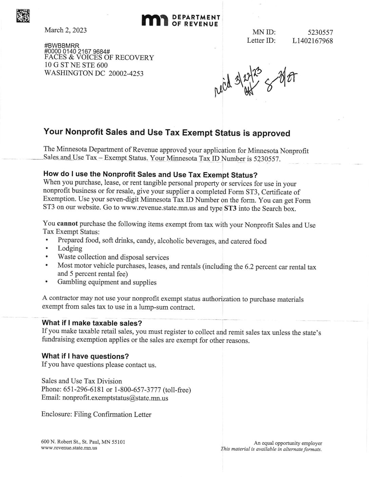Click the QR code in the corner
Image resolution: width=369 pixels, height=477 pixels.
(x=23, y=16)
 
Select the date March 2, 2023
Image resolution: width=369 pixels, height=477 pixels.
(x=65, y=30)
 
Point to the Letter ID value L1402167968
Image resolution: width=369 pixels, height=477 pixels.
(x=312, y=41)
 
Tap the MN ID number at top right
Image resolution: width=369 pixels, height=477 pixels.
(x=320, y=33)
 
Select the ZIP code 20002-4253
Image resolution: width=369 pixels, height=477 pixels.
(x=126, y=73)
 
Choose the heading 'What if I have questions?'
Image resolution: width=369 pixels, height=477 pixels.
(x=85, y=356)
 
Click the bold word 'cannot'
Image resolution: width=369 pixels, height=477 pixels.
(x=67, y=224)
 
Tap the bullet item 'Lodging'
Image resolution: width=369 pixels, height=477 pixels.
(x=70, y=248)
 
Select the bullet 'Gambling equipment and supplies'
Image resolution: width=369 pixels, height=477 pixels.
(x=107, y=282)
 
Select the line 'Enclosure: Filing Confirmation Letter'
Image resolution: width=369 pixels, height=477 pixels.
(x=96, y=414)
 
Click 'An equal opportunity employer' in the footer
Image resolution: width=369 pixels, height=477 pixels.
(x=288, y=443)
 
